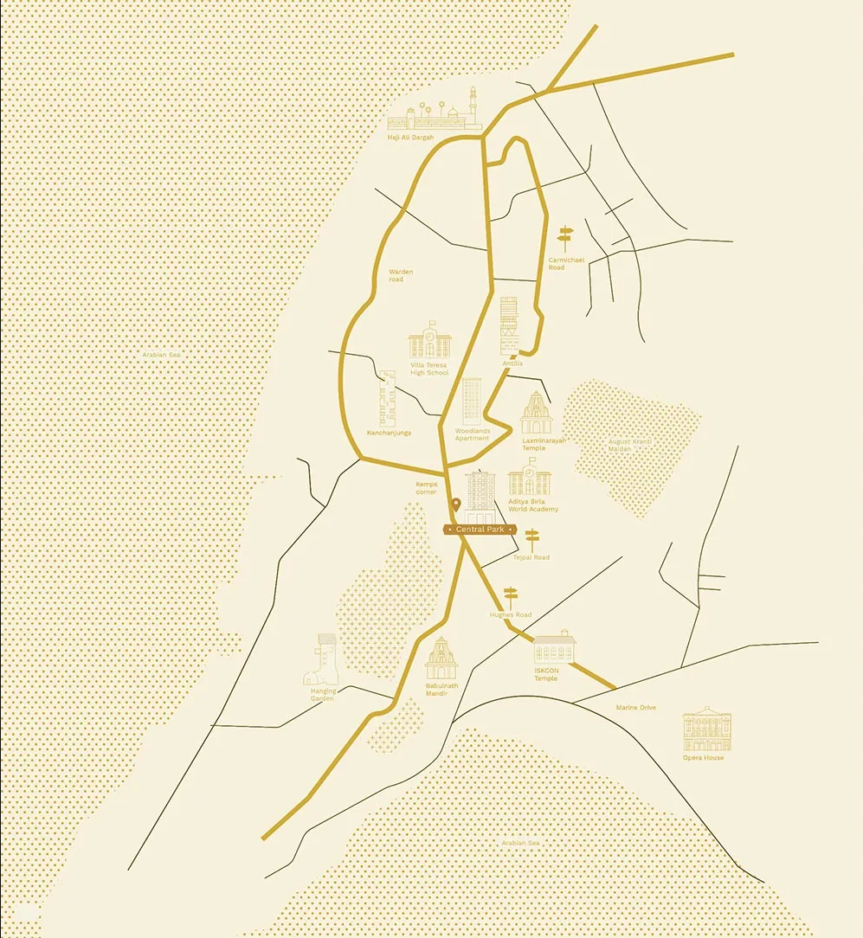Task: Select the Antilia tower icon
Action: pyautogui.click(x=509, y=325)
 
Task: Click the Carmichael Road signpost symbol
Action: pyautogui.click(x=565, y=238)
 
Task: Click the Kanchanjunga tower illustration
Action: pyautogui.click(x=388, y=398)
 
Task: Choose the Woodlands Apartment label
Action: pyautogui.click(x=473, y=434)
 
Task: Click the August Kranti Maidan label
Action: pyautogui.click(x=629, y=445)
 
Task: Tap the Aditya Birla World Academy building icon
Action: pyautogui.click(x=529, y=478)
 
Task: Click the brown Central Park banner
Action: pyautogui.click(x=480, y=529)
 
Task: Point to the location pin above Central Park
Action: pyautogui.click(x=455, y=505)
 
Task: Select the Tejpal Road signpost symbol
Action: pyautogui.click(x=531, y=539)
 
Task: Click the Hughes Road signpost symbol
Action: pyautogui.click(x=510, y=596)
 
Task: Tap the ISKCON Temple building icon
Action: pyautogui.click(x=554, y=648)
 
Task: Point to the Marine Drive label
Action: pyautogui.click(x=635, y=708)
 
